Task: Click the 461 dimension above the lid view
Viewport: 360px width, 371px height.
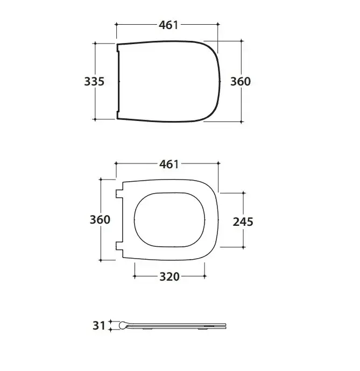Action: tap(168, 25)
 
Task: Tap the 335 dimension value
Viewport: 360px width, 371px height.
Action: tap(94, 81)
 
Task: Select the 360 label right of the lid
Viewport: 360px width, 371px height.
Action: tap(241, 81)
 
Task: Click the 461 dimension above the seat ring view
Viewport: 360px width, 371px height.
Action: tap(169, 164)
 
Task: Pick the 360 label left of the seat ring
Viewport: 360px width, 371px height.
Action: tap(100, 219)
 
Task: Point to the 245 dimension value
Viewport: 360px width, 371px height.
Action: tap(243, 222)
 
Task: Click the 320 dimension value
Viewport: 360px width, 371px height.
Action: tap(170, 276)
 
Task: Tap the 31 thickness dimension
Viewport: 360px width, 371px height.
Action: tap(99, 326)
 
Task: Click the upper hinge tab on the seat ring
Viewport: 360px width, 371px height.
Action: tap(119, 194)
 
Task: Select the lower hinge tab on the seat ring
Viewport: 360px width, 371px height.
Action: tap(119, 246)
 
